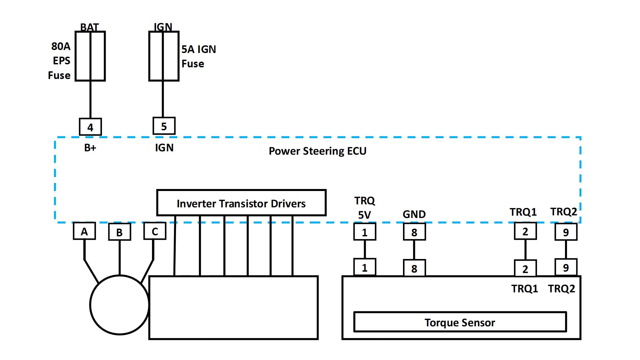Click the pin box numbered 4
(x=90, y=127)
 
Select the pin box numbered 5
(x=164, y=126)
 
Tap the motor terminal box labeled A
(x=84, y=231)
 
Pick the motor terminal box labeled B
(x=120, y=232)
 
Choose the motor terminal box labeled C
(x=155, y=231)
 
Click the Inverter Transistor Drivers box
(x=241, y=203)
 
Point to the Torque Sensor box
(x=460, y=322)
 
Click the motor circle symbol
(x=119, y=305)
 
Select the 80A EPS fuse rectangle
(x=90, y=56)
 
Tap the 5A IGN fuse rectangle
(x=164, y=56)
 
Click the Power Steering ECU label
(x=317, y=151)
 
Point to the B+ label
(x=90, y=148)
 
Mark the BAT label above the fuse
(x=90, y=27)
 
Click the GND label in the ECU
(x=414, y=214)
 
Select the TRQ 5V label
(x=365, y=208)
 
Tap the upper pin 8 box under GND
(x=414, y=232)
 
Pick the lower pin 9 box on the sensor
(x=566, y=267)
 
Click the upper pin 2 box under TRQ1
(x=525, y=231)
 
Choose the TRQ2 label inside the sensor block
(x=562, y=289)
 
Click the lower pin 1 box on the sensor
(x=365, y=267)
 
